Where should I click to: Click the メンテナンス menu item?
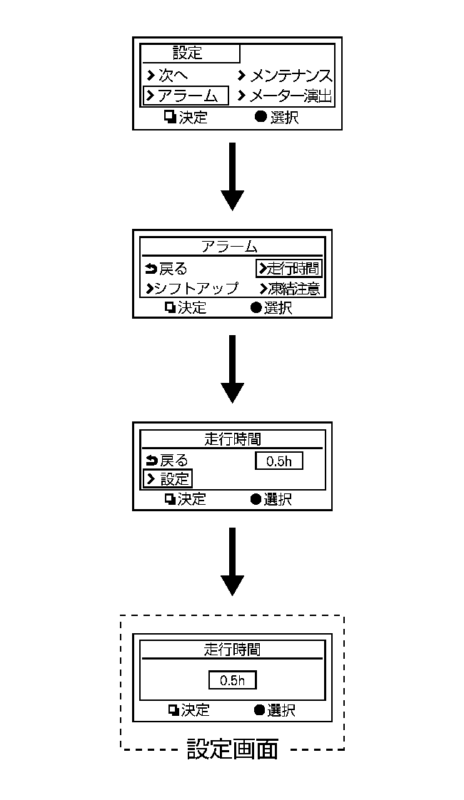(286, 76)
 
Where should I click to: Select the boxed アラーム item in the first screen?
(186, 96)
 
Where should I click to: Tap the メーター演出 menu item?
(286, 96)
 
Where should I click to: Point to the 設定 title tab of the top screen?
(188, 53)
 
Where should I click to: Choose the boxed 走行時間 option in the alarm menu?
(288, 268)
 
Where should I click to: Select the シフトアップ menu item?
(191, 289)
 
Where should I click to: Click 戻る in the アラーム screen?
(166, 269)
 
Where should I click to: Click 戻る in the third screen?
(166, 461)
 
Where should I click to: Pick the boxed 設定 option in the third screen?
(168, 479)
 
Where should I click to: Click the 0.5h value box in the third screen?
(279, 461)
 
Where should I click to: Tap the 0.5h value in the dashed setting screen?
(232, 680)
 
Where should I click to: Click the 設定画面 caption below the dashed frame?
(233, 749)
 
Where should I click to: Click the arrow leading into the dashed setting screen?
(233, 563)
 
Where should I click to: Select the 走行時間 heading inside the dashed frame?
(231, 649)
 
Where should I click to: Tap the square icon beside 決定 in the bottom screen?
(173, 710)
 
